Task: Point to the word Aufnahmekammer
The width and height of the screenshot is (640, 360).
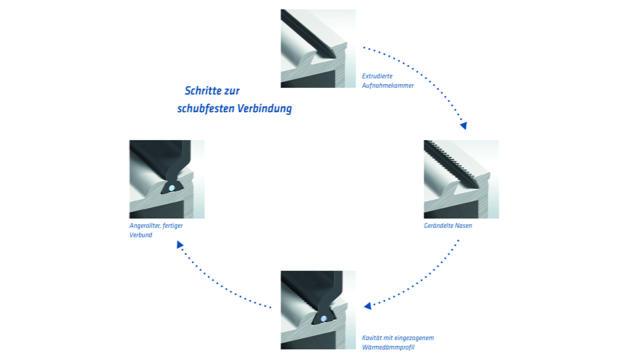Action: (x=387, y=85)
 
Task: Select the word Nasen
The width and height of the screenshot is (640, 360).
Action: (x=463, y=225)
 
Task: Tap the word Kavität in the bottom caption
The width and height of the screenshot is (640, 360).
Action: (x=372, y=338)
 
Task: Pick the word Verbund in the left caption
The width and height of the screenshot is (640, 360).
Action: (x=140, y=234)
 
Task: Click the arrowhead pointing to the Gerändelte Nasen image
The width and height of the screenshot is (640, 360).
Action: (x=463, y=125)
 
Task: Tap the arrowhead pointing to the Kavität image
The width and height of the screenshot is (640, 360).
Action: (x=367, y=305)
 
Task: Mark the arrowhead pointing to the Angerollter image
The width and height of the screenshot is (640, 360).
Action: (x=180, y=244)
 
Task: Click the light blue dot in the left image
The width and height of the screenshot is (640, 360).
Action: (x=171, y=188)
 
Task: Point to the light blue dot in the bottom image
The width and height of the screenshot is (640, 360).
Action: (x=323, y=318)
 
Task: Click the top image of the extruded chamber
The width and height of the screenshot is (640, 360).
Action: (x=318, y=48)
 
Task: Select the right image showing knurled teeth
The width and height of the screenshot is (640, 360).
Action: (x=461, y=179)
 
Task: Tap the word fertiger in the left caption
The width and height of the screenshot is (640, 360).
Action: (x=173, y=225)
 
